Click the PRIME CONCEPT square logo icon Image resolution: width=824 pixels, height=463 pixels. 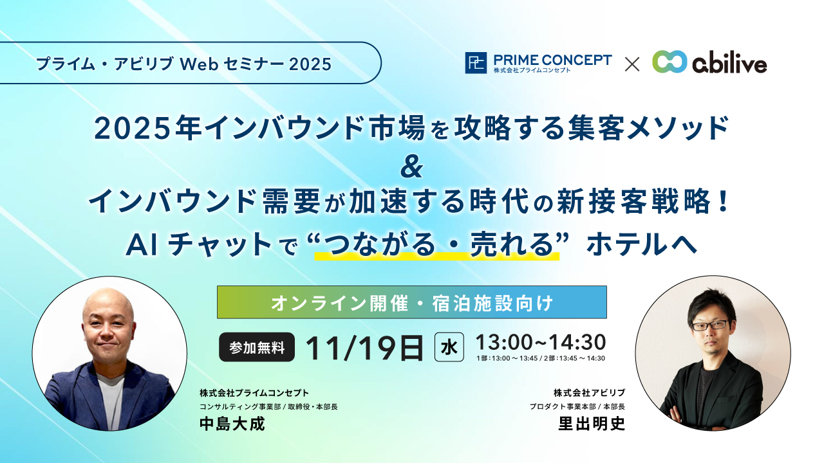pos(476,63)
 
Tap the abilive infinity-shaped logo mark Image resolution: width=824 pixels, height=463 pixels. pos(669,62)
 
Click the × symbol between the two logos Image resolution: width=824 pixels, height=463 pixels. pos(632,64)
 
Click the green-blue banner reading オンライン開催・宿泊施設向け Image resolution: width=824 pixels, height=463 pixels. pos(412,302)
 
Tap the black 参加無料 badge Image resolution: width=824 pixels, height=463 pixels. pos(257,348)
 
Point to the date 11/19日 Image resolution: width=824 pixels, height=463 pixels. pos(364,348)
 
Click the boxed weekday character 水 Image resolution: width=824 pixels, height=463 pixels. pos(449,348)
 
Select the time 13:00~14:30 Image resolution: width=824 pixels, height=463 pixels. pos(540,341)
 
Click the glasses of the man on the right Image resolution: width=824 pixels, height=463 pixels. pos(709,325)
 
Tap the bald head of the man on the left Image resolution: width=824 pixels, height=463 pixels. pos(109,305)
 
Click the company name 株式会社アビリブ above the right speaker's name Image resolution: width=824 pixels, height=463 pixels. pos(589,392)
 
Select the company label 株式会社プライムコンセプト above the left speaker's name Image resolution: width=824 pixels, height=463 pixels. pos(254,392)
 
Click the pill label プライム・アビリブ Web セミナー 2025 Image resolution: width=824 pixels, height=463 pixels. pos(183,64)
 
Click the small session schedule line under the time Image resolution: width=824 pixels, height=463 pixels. pos(540,358)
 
